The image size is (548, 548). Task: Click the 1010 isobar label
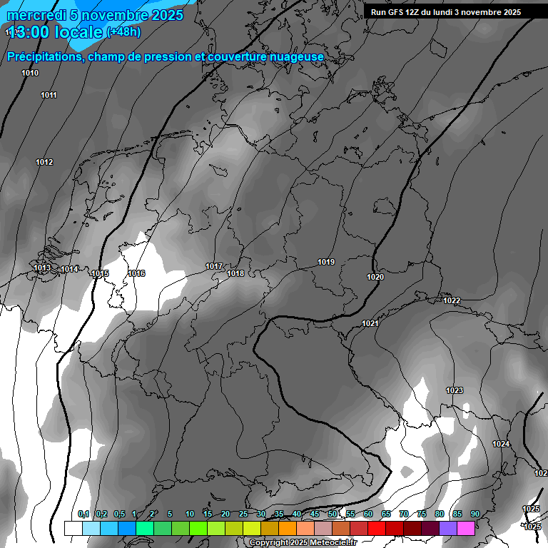pos(30,73)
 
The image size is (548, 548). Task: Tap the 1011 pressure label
pos(49,95)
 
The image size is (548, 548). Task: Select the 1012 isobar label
pos(44,163)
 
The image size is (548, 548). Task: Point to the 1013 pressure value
pos(42,268)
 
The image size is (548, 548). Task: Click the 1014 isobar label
pos(69,269)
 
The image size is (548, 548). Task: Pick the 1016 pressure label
pos(136,274)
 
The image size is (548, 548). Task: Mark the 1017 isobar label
pos(214,267)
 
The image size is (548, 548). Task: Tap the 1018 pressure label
pos(235,274)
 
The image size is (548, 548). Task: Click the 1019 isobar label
pos(326,263)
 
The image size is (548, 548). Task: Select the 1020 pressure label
pos(375,277)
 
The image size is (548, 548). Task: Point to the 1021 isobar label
pos(370,324)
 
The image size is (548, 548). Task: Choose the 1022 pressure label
pos(452,301)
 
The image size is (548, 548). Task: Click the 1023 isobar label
pos(455,390)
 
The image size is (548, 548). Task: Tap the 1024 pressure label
pos(501,445)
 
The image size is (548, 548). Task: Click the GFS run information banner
pos(446,12)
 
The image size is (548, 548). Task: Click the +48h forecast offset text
pos(123,32)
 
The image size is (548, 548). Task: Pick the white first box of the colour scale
pos(73,528)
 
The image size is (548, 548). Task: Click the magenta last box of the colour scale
pos(466,528)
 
